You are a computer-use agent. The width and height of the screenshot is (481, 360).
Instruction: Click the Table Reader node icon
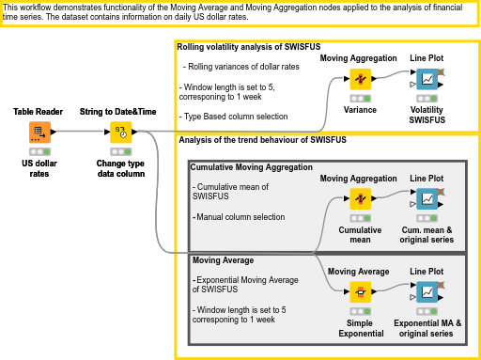tap(39, 132)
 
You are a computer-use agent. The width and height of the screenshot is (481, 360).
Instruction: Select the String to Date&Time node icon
tap(120, 132)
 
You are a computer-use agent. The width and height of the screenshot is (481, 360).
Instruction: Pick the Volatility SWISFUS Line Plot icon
tap(427, 80)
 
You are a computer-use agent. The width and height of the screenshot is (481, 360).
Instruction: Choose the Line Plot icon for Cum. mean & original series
tap(427, 199)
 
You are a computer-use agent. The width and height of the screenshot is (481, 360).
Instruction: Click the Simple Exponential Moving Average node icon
tap(359, 291)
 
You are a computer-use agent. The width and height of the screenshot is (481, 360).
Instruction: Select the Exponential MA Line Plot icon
tap(427, 291)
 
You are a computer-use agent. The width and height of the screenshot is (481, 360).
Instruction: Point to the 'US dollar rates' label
tap(39, 167)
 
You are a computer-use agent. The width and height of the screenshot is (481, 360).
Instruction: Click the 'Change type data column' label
tap(120, 167)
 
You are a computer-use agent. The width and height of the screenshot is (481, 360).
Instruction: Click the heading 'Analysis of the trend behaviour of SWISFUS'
tap(262, 139)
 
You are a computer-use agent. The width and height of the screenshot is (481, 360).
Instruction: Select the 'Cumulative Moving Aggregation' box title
tap(251, 166)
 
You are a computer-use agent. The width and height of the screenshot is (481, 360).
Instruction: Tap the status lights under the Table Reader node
tap(39, 151)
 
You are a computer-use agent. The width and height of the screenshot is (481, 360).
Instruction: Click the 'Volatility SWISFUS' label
tap(427, 115)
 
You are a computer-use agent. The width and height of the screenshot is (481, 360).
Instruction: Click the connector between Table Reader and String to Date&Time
tap(80, 132)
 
